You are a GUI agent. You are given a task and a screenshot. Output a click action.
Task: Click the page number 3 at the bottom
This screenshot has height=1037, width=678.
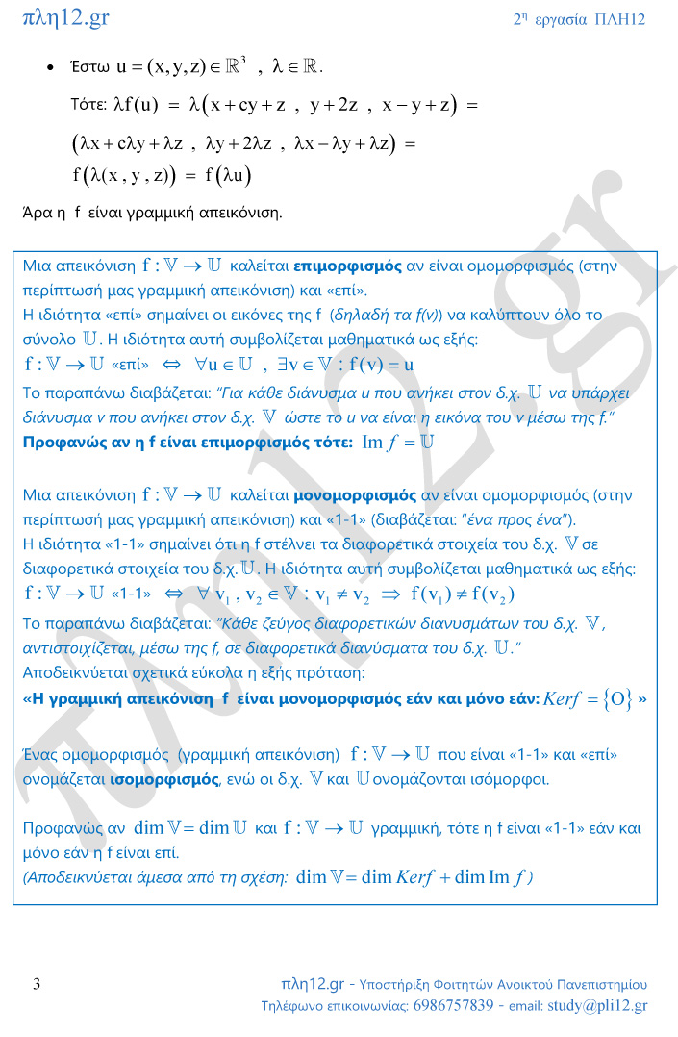click(37, 983)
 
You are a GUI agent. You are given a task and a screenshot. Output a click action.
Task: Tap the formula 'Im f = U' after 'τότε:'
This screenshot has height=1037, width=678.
click(398, 442)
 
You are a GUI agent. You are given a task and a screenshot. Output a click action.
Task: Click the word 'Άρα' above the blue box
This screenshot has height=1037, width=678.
click(37, 213)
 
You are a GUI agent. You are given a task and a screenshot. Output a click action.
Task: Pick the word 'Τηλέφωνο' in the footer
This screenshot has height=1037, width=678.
click(294, 1006)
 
